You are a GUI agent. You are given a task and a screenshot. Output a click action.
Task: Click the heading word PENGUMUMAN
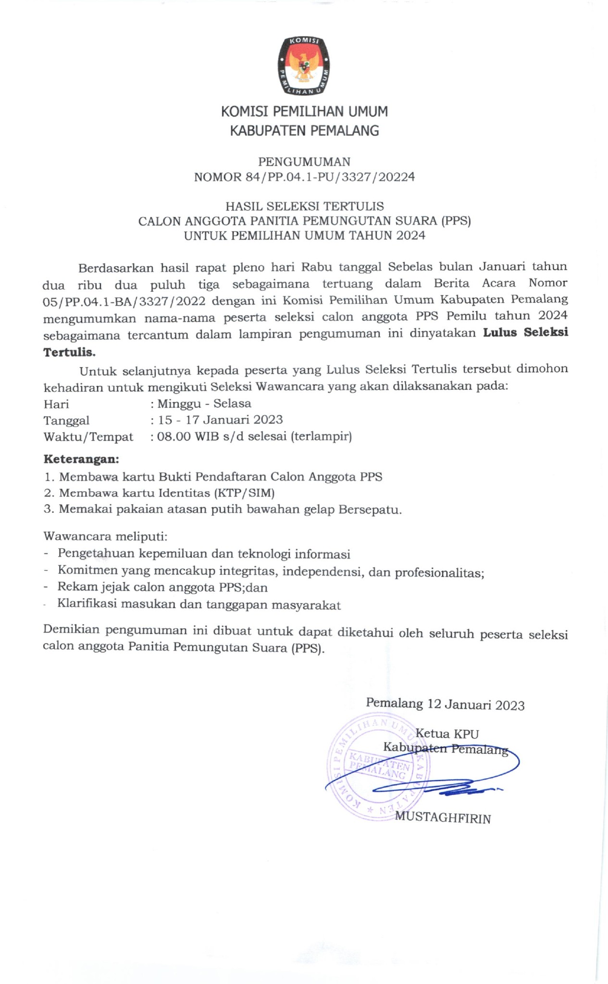304,162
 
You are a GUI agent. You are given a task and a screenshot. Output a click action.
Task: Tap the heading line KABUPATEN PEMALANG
304,130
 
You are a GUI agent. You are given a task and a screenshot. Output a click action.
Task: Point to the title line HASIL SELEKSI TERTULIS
304,207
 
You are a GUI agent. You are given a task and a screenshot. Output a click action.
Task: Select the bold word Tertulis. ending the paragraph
70,352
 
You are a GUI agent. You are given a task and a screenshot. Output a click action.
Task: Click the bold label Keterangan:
81,459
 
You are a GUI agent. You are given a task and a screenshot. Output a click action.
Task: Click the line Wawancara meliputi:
105,536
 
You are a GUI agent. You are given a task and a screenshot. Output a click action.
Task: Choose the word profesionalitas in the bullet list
438,573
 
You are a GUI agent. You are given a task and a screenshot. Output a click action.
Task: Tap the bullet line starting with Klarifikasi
199,605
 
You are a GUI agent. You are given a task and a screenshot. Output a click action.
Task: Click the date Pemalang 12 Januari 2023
445,704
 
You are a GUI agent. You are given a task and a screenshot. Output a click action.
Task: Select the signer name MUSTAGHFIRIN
443,818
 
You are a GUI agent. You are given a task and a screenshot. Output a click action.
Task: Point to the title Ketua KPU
447,734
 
